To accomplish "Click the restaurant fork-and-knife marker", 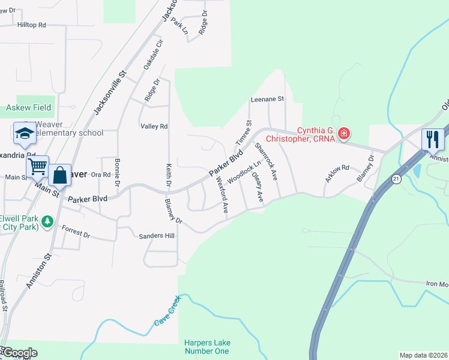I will point(433,140).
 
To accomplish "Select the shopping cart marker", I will point(37,166).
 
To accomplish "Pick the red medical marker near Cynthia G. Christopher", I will point(343,133).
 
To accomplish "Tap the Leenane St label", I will point(267,99).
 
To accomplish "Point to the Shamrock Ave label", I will point(266,161).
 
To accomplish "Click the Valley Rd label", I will point(154,127).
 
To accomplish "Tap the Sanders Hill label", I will point(157,236).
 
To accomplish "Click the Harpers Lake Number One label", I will point(207,347).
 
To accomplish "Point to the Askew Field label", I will point(28,108).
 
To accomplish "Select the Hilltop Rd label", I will point(32,25).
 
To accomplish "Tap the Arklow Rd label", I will point(337,172).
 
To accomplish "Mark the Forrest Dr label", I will point(76,232).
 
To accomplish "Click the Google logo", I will point(19,353).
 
